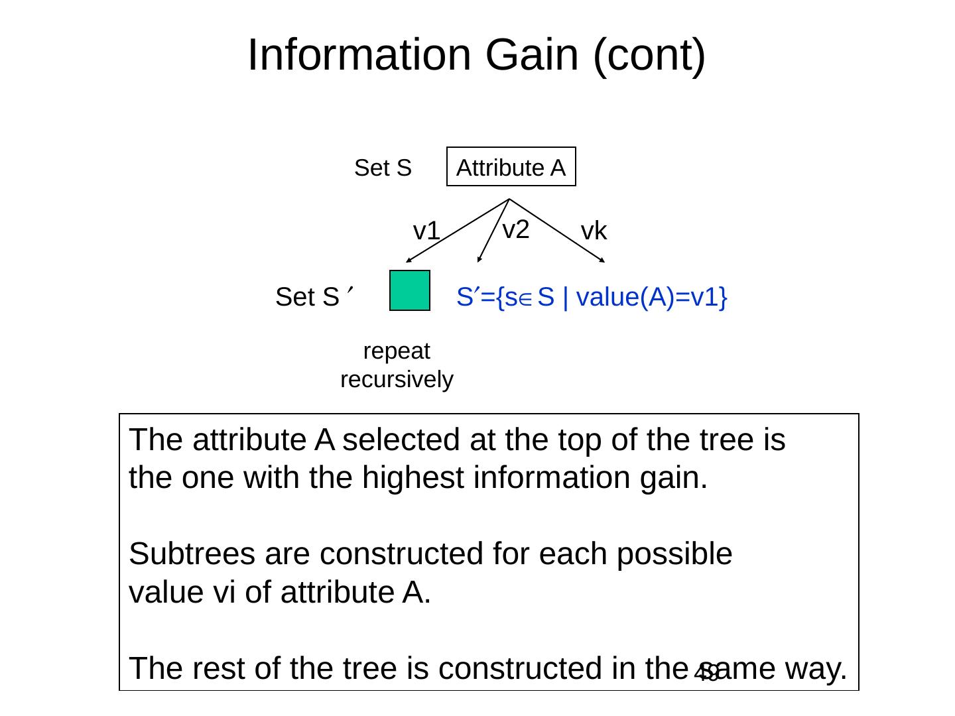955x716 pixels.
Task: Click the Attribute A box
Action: (x=511, y=166)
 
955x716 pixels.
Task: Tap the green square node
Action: (x=410, y=290)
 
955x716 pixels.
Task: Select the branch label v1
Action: (x=426, y=231)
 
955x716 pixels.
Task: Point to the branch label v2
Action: (x=516, y=229)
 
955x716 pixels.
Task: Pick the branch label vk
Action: (x=594, y=231)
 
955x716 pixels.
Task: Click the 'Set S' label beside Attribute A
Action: (x=383, y=168)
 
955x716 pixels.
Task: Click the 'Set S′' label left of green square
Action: (x=312, y=297)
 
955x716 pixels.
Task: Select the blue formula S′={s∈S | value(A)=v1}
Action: (x=592, y=298)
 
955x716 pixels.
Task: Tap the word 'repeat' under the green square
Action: (x=397, y=351)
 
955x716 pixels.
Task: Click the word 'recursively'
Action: (x=397, y=380)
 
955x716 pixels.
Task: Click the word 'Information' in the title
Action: (x=359, y=54)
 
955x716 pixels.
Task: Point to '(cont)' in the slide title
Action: (x=649, y=54)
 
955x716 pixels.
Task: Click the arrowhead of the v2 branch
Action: (x=478, y=260)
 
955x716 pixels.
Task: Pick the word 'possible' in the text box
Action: (x=674, y=554)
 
